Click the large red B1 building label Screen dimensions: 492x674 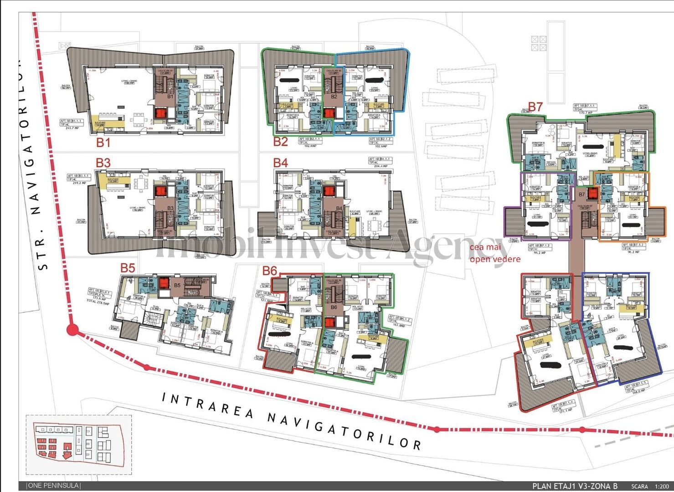point(103,143)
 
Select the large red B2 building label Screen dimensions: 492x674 point(280,142)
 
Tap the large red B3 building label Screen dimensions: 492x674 point(103,163)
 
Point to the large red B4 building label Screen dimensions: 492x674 point(280,163)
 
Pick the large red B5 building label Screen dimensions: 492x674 point(128,268)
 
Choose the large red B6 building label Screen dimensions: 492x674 point(270,271)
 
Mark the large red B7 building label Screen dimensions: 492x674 point(535,107)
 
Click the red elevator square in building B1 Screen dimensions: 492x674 point(160,113)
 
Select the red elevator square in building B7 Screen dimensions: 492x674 point(592,194)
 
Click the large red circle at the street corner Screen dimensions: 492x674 point(72,330)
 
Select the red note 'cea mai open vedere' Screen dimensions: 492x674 point(494,253)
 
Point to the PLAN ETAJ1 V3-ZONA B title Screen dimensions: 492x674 point(575,486)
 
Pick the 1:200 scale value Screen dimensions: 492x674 point(662,487)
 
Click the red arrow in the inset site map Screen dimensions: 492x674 point(67,451)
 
